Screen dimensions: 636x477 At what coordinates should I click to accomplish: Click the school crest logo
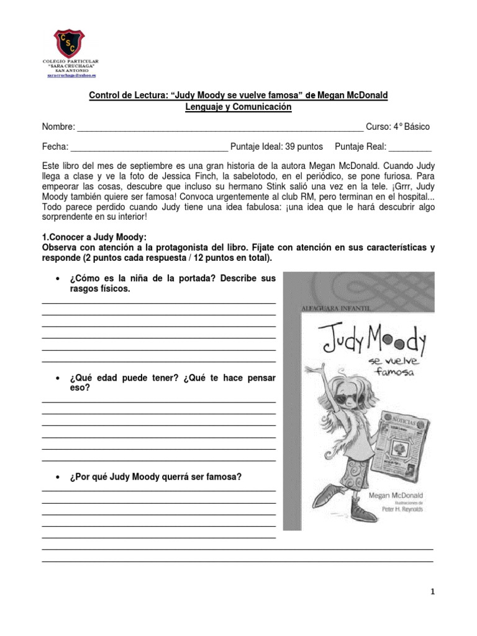click(x=70, y=43)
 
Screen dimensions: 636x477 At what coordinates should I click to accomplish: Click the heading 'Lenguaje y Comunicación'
click(x=238, y=107)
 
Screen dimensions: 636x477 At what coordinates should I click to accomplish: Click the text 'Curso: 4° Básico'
click(x=397, y=127)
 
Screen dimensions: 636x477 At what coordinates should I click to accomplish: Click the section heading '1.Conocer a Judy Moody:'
click(x=94, y=237)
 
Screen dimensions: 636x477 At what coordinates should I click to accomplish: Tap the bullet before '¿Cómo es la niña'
click(x=58, y=279)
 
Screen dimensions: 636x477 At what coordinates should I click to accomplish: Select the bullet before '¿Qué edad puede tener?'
click(x=58, y=378)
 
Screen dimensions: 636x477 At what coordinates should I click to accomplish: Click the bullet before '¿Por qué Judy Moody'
click(x=58, y=478)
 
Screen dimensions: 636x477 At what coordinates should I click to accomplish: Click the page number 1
click(x=433, y=592)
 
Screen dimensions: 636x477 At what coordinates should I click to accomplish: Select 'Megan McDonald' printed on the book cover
click(x=396, y=496)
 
